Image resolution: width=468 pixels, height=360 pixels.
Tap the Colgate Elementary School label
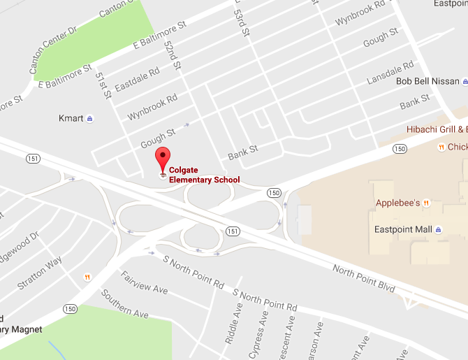point(204,175)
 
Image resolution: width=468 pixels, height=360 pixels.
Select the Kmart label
point(71,119)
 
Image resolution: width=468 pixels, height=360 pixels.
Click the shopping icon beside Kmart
point(90,119)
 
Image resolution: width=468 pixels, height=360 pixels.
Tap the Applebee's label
point(397,203)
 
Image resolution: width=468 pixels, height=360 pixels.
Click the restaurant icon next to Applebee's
point(427,203)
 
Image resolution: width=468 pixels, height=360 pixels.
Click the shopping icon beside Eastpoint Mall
point(438,229)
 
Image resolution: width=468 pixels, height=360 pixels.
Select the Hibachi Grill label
point(437,129)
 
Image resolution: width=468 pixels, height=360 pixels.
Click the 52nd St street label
point(172,59)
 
